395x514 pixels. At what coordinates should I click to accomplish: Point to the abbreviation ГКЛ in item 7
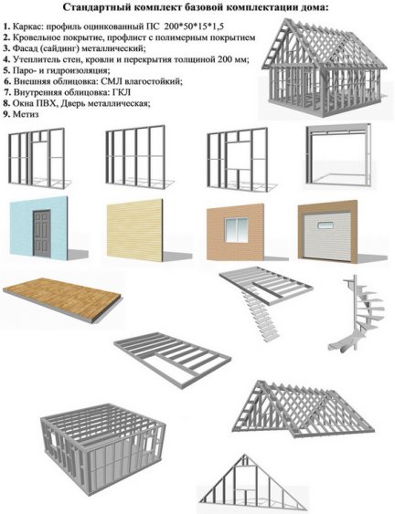(x=123, y=92)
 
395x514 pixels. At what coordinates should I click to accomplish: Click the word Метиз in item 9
(x=26, y=114)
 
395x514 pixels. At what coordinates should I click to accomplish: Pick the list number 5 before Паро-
(x=6, y=70)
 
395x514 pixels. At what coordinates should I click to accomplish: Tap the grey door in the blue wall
(x=42, y=233)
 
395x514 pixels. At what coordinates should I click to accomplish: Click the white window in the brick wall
(x=236, y=229)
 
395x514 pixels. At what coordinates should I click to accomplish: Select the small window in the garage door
(x=326, y=226)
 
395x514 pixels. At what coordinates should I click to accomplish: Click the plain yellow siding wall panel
(x=134, y=230)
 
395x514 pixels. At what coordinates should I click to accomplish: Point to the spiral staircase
(x=357, y=315)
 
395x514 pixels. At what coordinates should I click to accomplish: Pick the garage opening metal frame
(x=338, y=154)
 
